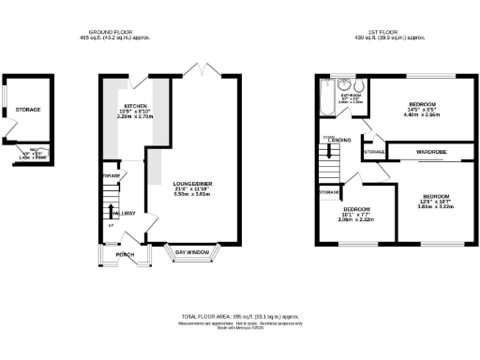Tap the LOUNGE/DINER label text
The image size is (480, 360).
tap(192, 183)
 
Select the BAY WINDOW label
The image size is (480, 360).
tap(191, 251)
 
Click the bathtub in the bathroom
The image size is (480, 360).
tap(324, 98)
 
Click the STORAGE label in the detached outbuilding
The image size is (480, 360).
tap(27, 110)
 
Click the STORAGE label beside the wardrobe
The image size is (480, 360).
tap(373, 151)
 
